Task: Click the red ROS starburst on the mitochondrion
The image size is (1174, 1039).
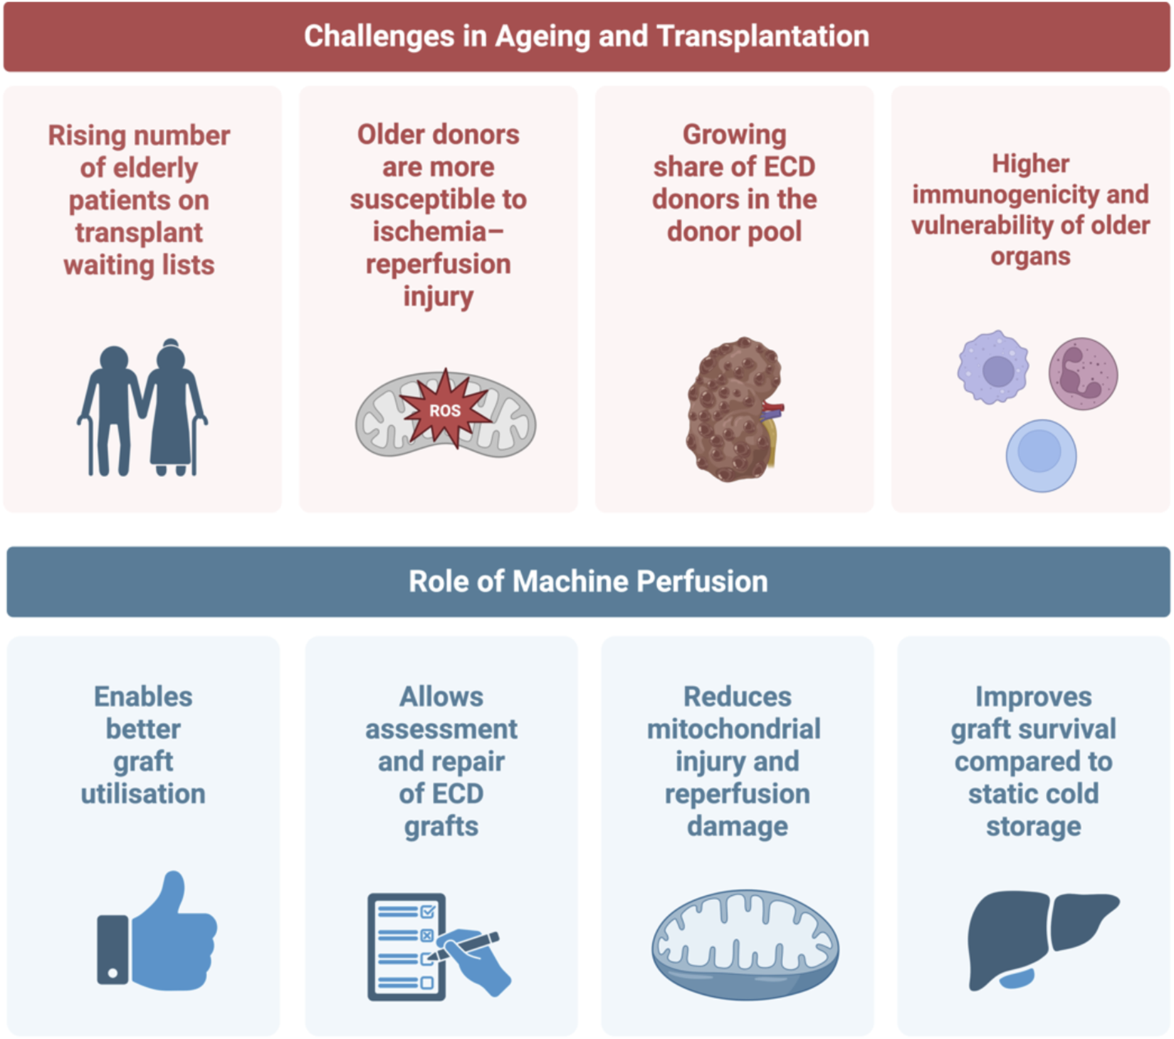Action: pos(445,410)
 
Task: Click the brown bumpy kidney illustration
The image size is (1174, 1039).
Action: pos(733,409)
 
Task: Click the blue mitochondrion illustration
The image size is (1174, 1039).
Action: pos(745,944)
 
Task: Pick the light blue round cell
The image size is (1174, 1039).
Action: pos(1040,455)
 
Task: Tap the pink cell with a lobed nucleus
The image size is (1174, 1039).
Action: pos(1082,373)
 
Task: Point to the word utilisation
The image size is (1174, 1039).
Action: pos(143,793)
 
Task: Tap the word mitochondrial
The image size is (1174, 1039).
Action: pos(733,729)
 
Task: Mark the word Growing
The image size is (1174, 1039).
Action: pos(734,135)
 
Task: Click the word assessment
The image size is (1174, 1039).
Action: pos(441,729)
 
